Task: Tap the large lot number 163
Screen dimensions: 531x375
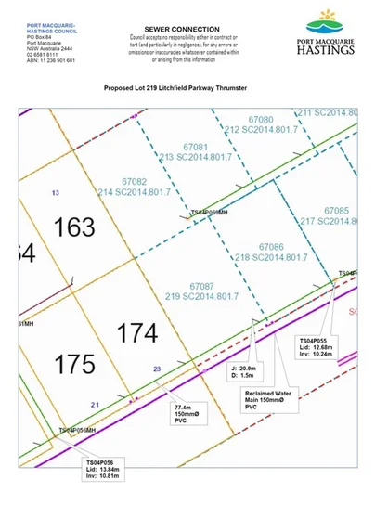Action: pyautogui.click(x=75, y=226)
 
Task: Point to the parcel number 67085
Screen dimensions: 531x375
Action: pyautogui.click(x=336, y=211)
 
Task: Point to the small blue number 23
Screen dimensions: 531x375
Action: pyautogui.click(x=158, y=369)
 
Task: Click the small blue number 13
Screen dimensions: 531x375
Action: pyautogui.click(x=56, y=192)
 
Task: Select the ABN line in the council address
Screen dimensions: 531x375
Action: pyautogui.click(x=39, y=59)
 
